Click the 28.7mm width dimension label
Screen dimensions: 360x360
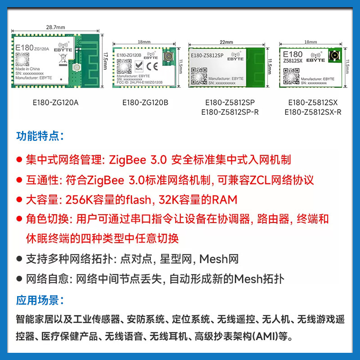[x=54, y=27]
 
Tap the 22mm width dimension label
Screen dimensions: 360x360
[x=226, y=42]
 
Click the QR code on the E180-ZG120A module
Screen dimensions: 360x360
[x=21, y=58]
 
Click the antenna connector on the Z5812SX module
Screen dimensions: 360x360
[x=334, y=56]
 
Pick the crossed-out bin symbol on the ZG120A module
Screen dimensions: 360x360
[x=63, y=58]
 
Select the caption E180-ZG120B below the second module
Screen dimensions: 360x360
[x=145, y=103]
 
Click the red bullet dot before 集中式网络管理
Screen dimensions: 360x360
[x=19, y=160]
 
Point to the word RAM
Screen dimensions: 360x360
[x=225, y=200]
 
